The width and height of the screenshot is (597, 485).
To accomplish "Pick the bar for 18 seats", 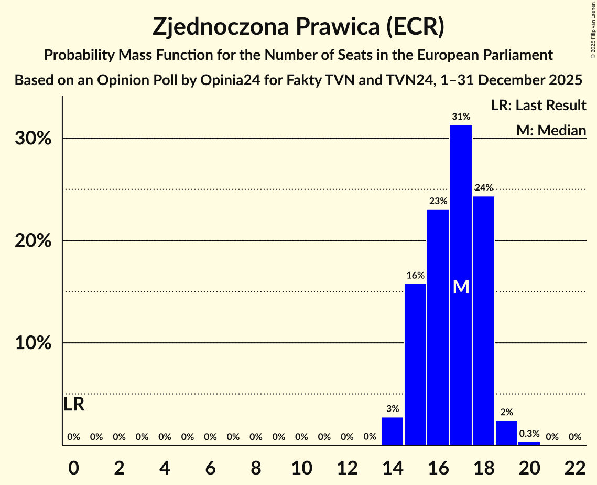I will tap(483, 320).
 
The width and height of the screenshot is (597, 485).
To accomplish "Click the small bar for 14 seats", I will tap(393, 431).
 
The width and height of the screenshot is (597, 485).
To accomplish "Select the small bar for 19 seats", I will tap(506, 433).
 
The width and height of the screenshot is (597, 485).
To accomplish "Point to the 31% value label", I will tap(461, 117).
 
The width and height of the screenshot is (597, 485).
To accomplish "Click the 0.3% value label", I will tap(529, 434).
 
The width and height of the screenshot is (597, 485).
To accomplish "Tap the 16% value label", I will tap(415, 276).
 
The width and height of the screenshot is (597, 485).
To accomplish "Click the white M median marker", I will tap(461, 287).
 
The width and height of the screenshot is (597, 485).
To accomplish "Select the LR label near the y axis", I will tap(74, 405).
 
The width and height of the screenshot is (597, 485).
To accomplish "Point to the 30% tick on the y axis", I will tap(36, 139).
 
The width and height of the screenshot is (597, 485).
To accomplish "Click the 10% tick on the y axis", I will tap(36, 343).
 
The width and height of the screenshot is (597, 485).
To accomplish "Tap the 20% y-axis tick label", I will tap(36, 241).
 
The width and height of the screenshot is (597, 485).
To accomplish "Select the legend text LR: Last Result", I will tap(538, 106).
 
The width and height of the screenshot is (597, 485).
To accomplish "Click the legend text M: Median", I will tap(551, 130).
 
